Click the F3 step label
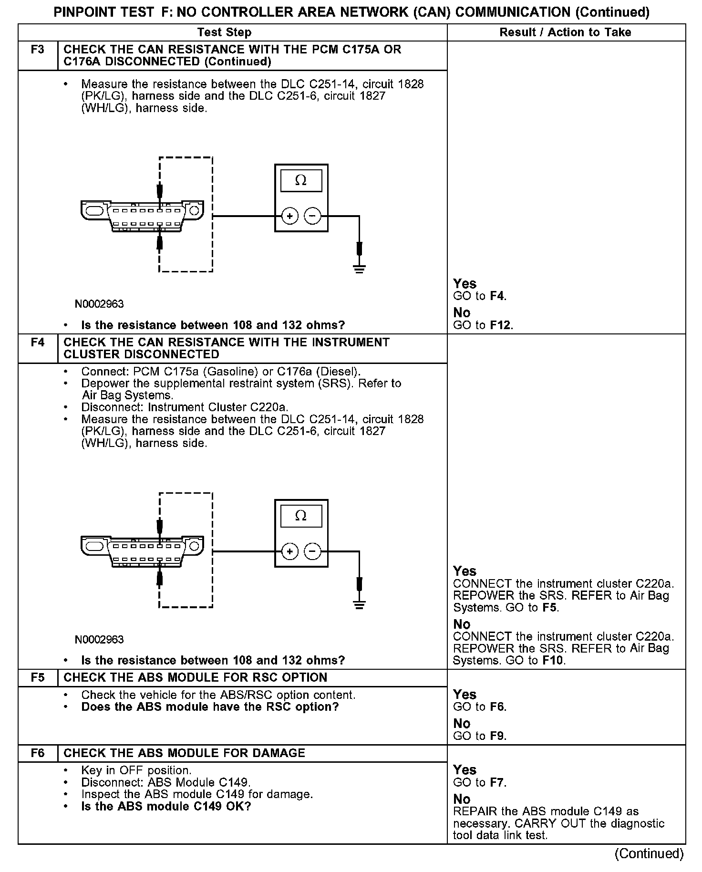(38, 50)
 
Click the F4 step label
(38, 343)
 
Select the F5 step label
(38, 678)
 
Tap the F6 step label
(38, 753)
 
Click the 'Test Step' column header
(224, 32)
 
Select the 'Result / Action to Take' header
(565, 32)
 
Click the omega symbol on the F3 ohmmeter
(301, 180)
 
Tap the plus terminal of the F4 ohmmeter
(289, 552)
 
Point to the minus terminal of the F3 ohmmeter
(313, 216)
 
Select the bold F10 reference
(553, 661)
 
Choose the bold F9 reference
(498, 736)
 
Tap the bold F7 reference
(498, 783)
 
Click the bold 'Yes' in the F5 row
(465, 695)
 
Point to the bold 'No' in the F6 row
(462, 799)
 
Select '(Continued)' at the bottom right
(649, 853)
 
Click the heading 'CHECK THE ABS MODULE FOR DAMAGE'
(184, 753)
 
